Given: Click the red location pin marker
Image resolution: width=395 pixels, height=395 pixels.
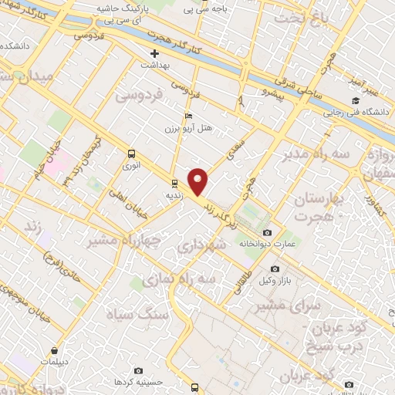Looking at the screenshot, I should (x=199, y=182).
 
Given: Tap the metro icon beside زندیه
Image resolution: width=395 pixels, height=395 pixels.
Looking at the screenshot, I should (x=174, y=184).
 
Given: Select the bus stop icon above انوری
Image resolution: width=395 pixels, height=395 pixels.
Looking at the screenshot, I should (x=131, y=154).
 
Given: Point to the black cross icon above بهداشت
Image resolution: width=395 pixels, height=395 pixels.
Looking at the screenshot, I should (x=155, y=54).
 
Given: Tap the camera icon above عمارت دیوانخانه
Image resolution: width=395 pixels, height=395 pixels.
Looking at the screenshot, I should (x=267, y=233).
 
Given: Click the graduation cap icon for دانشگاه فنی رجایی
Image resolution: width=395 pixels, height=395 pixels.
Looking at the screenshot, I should (x=356, y=101).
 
